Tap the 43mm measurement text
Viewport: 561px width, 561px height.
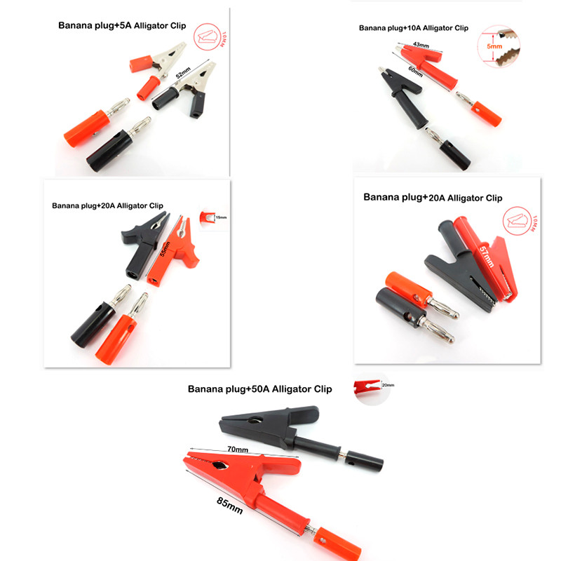pyautogui.click(x=421, y=46)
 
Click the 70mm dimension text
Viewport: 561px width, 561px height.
pyautogui.click(x=238, y=450)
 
